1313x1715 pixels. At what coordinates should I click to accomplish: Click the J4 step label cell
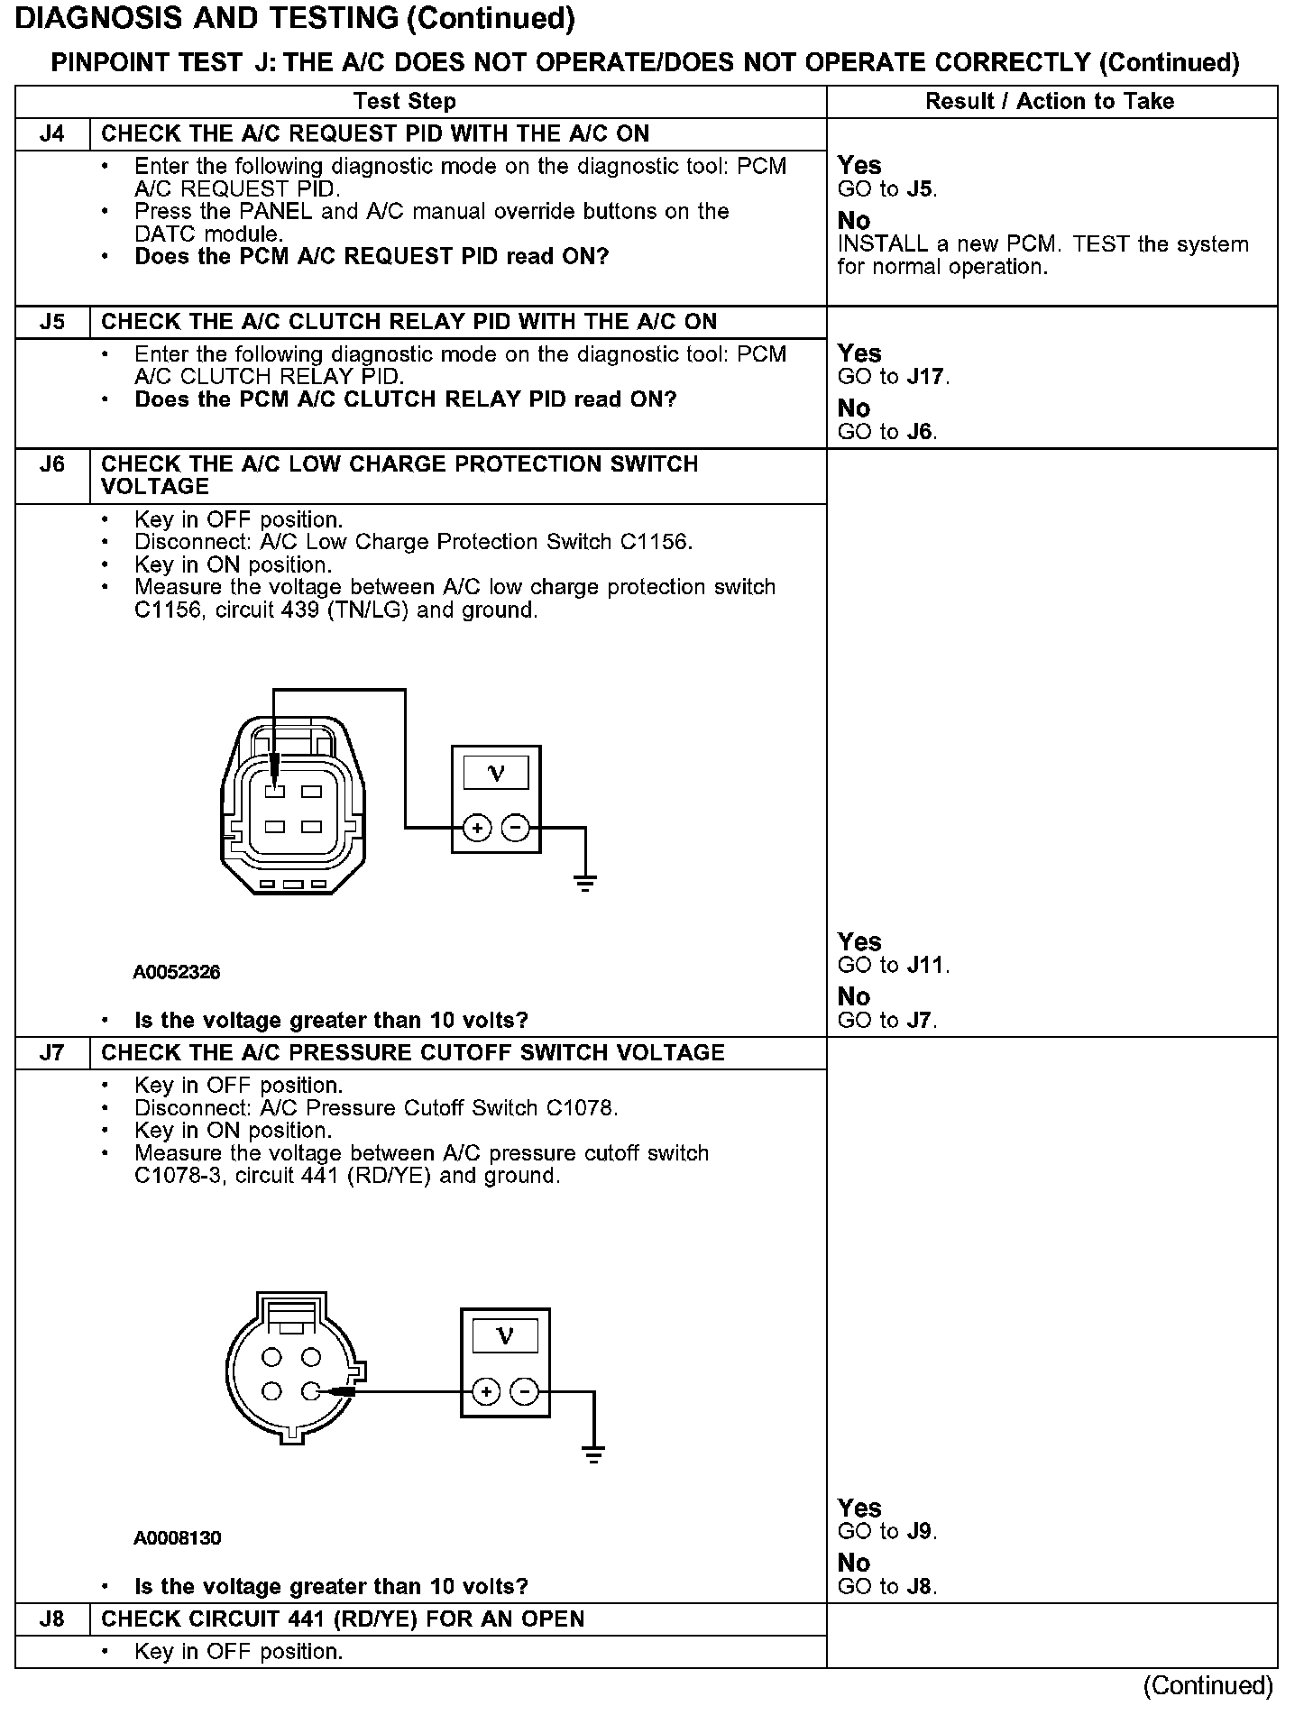[52, 134]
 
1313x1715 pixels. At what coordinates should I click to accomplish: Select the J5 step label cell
[52, 322]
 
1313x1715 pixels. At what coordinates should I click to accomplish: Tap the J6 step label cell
[52, 465]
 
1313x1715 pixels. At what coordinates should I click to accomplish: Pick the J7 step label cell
[52, 1053]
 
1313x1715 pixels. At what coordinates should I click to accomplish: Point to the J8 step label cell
[52, 1619]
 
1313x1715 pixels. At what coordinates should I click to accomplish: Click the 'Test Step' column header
[405, 101]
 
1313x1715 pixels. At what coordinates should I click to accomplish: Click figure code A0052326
[177, 972]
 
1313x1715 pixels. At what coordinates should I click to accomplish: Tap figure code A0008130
[177, 1538]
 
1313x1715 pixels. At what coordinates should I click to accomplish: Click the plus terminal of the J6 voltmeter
[477, 827]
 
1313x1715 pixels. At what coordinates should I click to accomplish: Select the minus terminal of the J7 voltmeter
[525, 1392]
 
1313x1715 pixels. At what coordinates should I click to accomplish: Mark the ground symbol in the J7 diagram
[593, 1454]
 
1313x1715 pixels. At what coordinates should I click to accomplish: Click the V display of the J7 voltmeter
[505, 1335]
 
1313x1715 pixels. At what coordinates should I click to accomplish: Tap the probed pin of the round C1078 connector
[311, 1391]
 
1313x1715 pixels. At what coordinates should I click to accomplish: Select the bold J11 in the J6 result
[927, 966]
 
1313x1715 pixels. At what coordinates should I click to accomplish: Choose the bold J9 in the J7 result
[921, 1532]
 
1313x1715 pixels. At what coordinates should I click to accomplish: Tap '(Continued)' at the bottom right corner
[1207, 1686]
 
